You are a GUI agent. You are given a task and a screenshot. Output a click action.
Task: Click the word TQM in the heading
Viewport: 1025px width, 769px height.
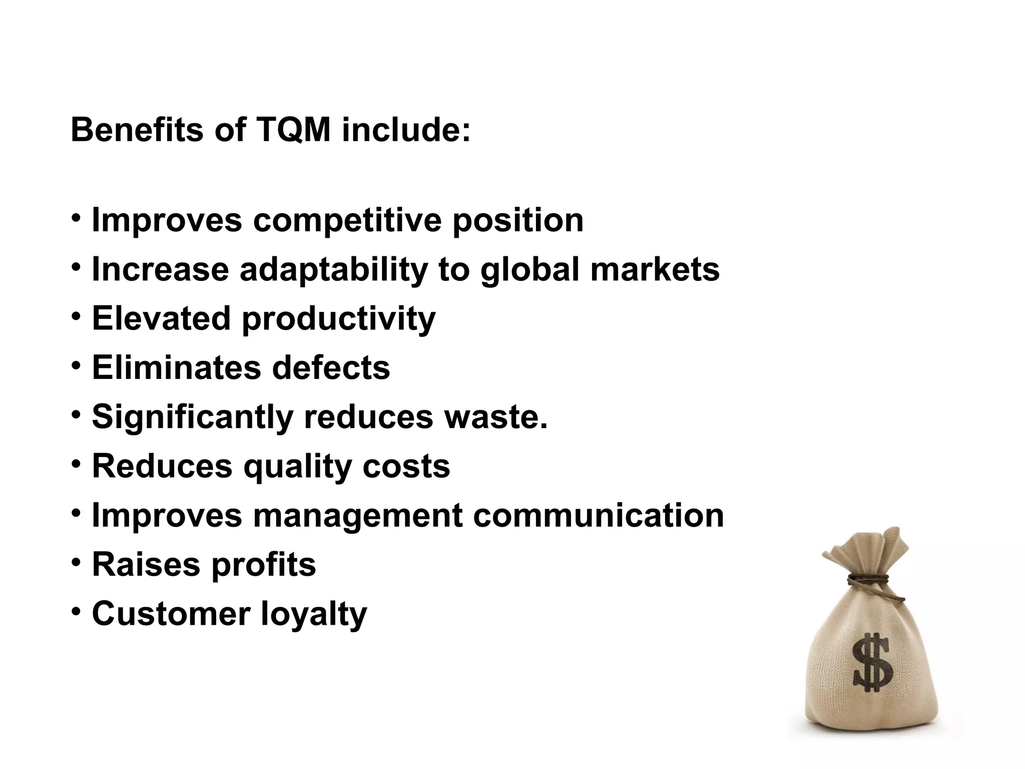(293, 130)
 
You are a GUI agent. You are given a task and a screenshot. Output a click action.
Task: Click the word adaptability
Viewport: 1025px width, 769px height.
(333, 269)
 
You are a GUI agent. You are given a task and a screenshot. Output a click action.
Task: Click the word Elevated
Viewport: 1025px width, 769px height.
(161, 318)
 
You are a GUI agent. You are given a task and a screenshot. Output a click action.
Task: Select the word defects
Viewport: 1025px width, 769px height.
(331, 367)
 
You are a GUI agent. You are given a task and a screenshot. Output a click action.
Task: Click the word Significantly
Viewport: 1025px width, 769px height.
(193, 417)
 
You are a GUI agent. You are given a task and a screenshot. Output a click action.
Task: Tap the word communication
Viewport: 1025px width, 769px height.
(599, 515)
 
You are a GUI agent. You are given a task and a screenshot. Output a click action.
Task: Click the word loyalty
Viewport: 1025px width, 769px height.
(314, 614)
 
